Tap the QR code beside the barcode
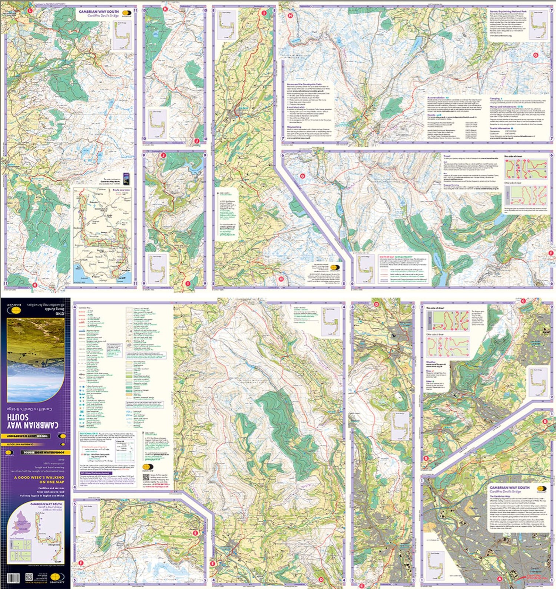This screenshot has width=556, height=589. click(x=29, y=577)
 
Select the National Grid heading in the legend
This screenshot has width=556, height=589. click(x=89, y=433)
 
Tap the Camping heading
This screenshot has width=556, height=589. click(x=496, y=99)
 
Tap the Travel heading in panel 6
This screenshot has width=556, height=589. click(x=447, y=162)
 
